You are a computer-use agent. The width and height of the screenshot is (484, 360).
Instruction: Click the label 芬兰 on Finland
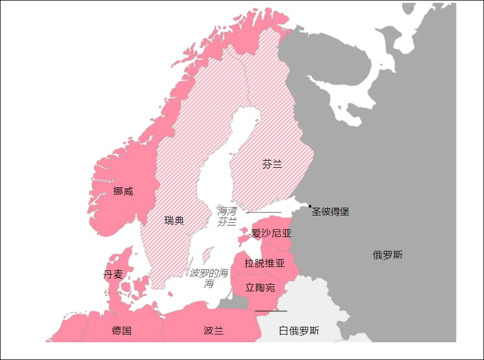click(272, 164)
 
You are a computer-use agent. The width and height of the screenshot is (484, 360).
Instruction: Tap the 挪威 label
click(123, 191)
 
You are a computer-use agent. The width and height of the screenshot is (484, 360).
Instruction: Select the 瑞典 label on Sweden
click(174, 220)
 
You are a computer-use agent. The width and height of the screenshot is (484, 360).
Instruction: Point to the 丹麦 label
click(113, 275)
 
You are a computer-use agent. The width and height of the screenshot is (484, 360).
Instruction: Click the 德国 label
click(121, 331)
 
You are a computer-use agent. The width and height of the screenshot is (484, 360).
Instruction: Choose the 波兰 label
click(213, 331)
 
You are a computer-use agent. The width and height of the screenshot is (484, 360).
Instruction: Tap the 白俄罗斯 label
click(299, 331)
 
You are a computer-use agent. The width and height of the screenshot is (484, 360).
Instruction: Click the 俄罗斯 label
click(388, 255)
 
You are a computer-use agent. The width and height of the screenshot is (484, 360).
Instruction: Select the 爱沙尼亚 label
click(271, 233)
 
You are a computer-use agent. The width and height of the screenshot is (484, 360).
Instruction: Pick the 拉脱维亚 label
click(264, 263)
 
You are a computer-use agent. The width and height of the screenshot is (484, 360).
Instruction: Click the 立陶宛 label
click(260, 287)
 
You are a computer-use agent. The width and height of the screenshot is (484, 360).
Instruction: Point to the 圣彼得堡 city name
click(330, 212)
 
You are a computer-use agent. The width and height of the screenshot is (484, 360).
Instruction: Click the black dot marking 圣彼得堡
click(310, 206)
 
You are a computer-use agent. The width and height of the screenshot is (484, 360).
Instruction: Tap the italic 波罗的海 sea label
click(208, 278)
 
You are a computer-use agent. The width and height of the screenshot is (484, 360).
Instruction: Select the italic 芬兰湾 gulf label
click(227, 217)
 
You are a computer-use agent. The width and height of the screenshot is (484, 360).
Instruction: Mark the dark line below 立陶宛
click(271, 311)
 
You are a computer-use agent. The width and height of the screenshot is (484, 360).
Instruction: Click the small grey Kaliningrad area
click(232, 302)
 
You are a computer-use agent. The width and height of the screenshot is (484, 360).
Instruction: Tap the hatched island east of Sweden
click(208, 255)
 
